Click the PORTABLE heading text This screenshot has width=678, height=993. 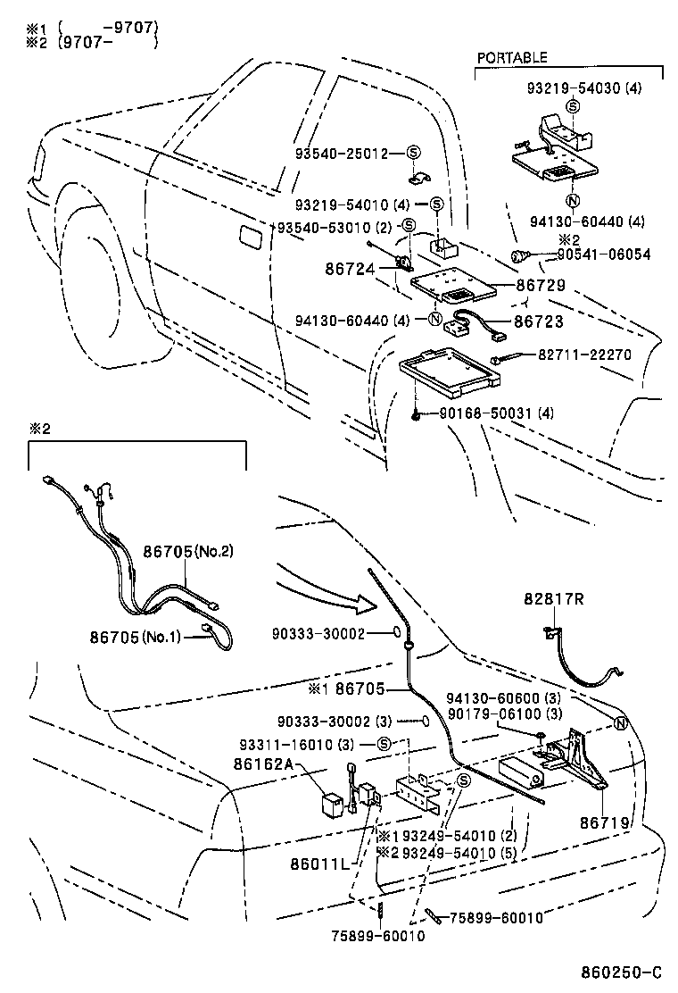(512, 57)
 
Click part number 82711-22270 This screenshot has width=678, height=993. (584, 355)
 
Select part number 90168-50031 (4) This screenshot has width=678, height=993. (497, 413)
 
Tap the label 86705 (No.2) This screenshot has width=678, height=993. (188, 551)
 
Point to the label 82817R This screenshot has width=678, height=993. (553, 600)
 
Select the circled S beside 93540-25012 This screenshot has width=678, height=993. (414, 153)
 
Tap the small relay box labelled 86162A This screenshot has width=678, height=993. (331, 799)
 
